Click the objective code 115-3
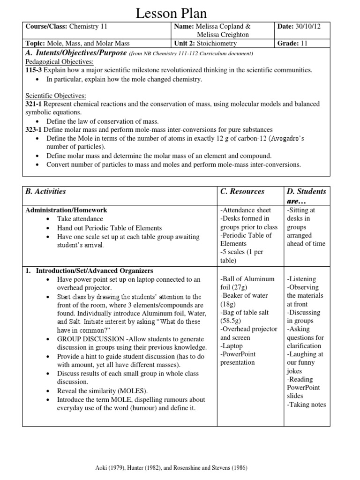pos(34,70)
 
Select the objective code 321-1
pos(34,104)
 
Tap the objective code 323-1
pos(34,130)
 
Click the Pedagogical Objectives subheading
pos(59,62)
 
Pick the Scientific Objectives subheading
pos(55,96)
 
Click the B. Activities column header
pos(45,191)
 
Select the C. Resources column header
pos(242,191)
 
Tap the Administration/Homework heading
pos(66,210)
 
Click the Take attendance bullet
pos(80,219)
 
